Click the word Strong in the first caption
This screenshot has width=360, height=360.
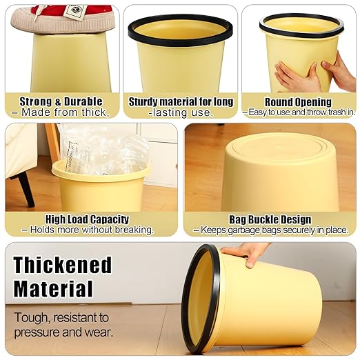(x=36, y=101)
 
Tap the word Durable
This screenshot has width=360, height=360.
(x=83, y=101)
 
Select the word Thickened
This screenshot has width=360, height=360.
(x=63, y=265)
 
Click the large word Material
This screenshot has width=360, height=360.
(x=53, y=289)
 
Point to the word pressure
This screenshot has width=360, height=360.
(x=37, y=332)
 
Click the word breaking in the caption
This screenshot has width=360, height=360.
(x=134, y=230)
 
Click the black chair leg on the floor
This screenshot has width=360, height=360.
(x=26, y=189)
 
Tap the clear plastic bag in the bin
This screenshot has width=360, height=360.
(x=103, y=150)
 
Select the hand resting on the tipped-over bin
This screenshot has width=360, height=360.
(x=246, y=254)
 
